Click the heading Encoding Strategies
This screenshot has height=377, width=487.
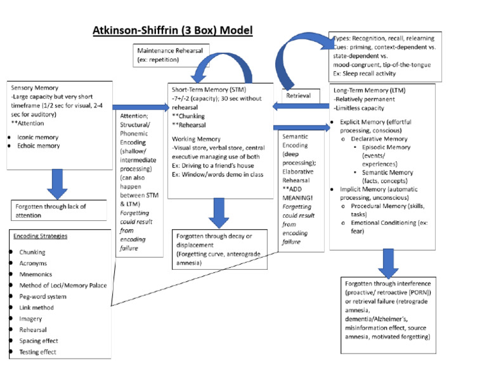pyautogui.click(x=41, y=237)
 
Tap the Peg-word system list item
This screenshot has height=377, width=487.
pyautogui.click(x=43, y=296)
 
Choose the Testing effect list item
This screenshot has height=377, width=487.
pyautogui.click(x=38, y=352)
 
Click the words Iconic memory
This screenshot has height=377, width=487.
pyautogui.click(x=39, y=137)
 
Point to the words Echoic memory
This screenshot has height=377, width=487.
pyautogui.click(x=39, y=146)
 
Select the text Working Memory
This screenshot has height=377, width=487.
pyautogui.click(x=196, y=139)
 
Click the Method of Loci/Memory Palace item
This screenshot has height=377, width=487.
pyautogui.click(x=63, y=286)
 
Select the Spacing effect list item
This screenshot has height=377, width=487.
pyautogui.click(x=39, y=341)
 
